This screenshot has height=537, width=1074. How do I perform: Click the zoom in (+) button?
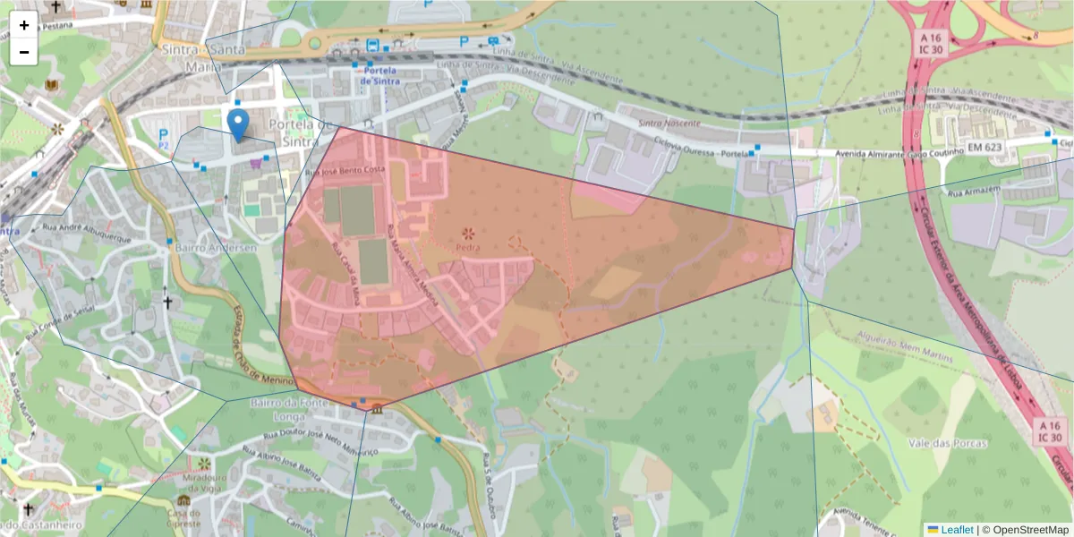pos(24,25)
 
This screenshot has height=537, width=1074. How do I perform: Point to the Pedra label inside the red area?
pos(467,247)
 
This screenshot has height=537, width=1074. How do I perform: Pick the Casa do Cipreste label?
pos(183,516)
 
